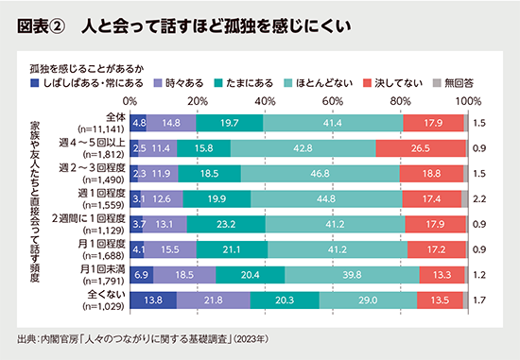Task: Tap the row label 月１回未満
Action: tap(104, 275)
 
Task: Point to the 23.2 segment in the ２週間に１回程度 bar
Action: tap(225, 224)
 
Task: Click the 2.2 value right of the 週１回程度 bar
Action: tap(479, 198)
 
